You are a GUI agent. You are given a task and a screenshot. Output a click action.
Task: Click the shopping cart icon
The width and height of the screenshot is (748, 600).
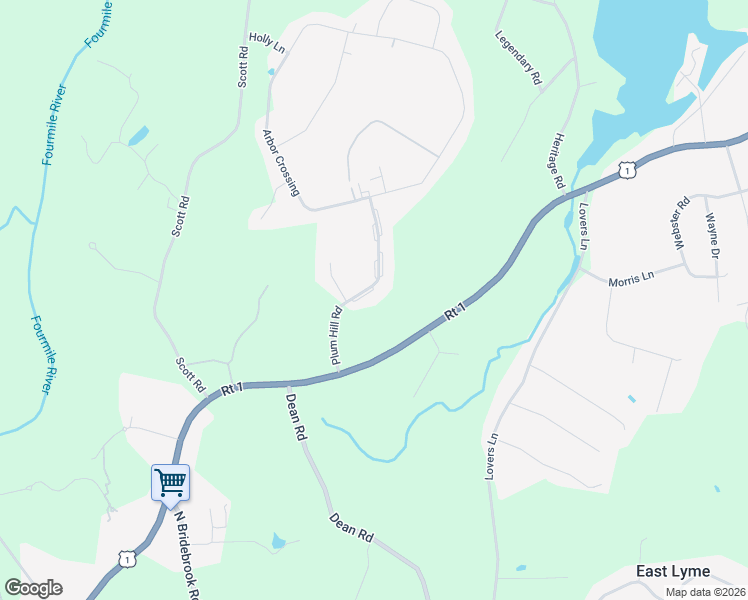click(x=170, y=483)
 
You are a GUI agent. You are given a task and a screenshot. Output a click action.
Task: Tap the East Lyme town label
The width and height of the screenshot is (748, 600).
click(x=673, y=571)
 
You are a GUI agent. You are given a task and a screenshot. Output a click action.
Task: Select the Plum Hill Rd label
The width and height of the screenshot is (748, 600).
click(x=336, y=336)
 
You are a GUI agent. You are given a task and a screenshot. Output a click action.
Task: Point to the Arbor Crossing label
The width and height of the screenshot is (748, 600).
click(x=281, y=162)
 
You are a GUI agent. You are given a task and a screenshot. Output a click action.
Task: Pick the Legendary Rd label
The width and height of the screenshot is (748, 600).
click(x=518, y=56)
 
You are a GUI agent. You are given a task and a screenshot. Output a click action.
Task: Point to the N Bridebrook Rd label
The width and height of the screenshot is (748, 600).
click(x=189, y=556)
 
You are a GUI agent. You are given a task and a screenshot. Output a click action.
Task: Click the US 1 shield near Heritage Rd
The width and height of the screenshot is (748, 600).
click(x=626, y=170)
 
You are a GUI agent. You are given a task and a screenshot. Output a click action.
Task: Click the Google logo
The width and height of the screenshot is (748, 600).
click(x=33, y=588)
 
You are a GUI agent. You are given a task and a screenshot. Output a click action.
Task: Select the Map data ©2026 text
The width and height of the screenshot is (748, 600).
click(x=705, y=592)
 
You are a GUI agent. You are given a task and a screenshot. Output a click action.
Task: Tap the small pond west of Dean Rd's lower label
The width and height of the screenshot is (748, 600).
click(x=278, y=542)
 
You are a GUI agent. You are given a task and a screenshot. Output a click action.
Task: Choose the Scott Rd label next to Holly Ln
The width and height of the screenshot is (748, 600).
click(x=242, y=66)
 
